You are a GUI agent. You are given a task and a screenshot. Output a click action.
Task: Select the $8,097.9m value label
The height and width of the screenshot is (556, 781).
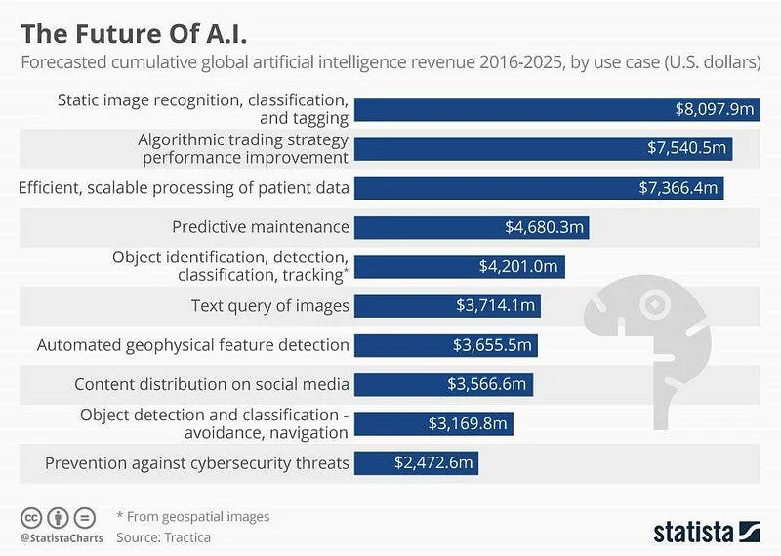click(714, 109)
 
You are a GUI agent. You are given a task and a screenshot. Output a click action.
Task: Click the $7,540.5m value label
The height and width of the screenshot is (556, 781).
click(687, 148)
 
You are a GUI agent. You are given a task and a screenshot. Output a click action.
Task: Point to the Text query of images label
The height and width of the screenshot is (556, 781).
click(270, 306)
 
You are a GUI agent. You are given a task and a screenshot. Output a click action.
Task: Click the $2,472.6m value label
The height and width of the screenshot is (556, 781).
click(434, 462)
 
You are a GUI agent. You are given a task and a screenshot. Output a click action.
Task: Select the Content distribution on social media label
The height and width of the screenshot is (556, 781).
click(212, 384)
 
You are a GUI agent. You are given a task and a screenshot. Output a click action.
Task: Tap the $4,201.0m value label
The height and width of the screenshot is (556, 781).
click(518, 266)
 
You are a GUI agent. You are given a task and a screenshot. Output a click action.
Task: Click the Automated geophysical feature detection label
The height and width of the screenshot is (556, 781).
click(193, 345)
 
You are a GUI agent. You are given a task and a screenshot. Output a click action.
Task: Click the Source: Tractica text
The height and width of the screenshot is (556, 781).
click(163, 536)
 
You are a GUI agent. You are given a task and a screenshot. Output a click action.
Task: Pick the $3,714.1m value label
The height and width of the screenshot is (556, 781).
click(495, 306)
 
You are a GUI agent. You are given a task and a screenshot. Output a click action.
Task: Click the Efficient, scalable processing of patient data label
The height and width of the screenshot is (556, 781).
click(184, 187)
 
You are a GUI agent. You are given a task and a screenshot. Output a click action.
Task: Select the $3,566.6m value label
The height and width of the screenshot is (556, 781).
click(486, 384)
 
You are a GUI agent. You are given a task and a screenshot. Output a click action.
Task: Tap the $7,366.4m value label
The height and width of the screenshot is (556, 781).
click(678, 187)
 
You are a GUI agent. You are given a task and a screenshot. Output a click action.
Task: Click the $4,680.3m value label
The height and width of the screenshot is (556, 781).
click(544, 227)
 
